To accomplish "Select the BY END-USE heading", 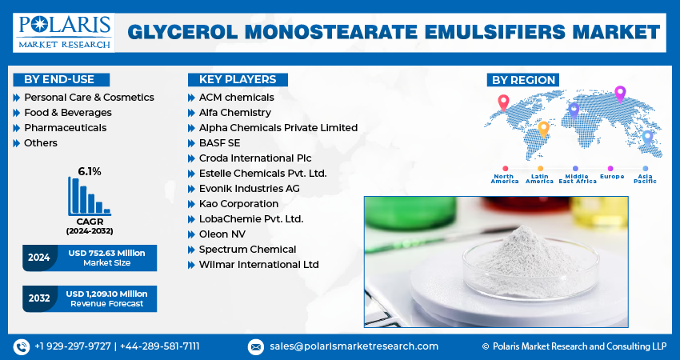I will [59, 79].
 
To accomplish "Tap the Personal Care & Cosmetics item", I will [89, 97].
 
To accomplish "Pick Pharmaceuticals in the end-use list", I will [65, 127].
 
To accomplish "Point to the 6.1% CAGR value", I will [90, 171].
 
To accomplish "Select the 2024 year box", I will [39, 258].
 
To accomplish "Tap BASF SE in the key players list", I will [219, 142].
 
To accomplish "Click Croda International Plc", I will [255, 158].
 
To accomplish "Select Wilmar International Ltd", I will [259, 264].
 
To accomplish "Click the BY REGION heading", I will [522, 79].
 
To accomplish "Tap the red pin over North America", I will [503, 102].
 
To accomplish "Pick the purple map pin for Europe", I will [619, 93].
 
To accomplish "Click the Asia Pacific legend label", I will [645, 178].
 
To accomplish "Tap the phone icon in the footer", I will [22, 346].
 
